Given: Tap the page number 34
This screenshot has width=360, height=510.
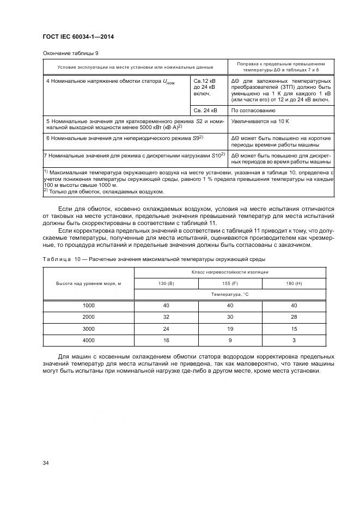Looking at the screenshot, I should (x=46, y=463).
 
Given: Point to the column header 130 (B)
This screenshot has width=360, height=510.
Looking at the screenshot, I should (x=166, y=283).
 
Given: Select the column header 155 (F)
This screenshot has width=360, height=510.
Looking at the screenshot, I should (x=230, y=283).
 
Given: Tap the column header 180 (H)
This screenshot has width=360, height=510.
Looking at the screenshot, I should (x=294, y=283).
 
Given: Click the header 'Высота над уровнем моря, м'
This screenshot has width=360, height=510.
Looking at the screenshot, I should (x=88, y=283).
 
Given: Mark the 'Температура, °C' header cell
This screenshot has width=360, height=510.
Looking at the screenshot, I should (x=230, y=294).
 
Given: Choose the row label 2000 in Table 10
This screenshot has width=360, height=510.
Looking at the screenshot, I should (x=88, y=317).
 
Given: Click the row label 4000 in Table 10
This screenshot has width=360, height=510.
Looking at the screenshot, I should (x=88, y=340).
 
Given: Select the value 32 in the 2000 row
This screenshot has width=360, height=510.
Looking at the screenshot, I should (x=166, y=317).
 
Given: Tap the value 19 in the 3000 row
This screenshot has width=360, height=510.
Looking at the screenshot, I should (x=230, y=329).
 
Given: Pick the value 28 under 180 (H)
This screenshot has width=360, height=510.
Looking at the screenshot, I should (x=294, y=317).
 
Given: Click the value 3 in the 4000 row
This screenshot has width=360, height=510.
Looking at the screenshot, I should (x=294, y=340).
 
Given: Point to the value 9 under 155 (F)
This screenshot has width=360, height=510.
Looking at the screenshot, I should (x=230, y=340).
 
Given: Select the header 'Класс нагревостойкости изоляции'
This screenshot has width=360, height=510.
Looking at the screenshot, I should (x=230, y=271).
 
